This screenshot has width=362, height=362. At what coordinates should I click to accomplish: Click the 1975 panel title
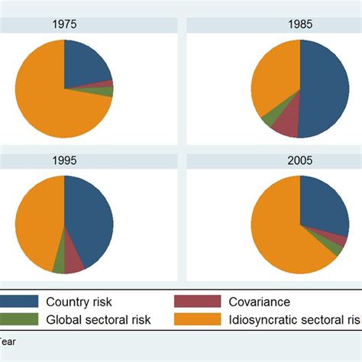click(x=64, y=24)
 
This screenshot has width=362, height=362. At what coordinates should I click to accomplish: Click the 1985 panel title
click(x=300, y=24)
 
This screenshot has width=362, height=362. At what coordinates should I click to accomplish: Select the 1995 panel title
click(x=64, y=162)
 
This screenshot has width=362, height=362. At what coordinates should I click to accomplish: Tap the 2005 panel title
click(x=300, y=162)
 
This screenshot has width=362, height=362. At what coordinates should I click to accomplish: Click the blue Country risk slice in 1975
click(x=86, y=63)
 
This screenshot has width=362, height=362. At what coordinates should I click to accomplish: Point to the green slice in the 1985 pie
click(x=269, y=118)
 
